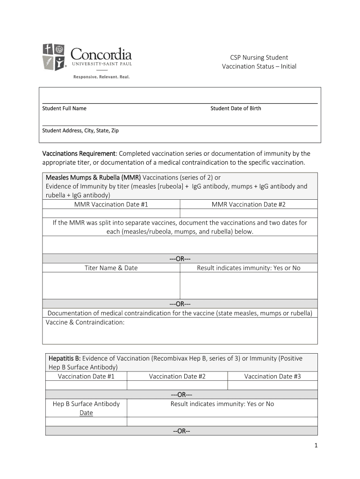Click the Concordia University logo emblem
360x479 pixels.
(x=54, y=57)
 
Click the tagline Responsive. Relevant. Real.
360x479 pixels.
(x=101, y=77)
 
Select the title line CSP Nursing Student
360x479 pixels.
(x=259, y=58)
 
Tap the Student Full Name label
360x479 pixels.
(x=64, y=109)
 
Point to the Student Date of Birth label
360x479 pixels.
(x=236, y=109)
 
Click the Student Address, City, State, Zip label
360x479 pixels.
(x=80, y=131)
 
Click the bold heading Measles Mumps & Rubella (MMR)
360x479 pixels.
(x=93, y=177)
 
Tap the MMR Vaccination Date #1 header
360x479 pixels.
(x=111, y=204)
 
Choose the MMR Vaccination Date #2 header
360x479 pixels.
(x=248, y=204)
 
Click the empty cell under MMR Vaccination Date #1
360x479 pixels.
(x=111, y=213)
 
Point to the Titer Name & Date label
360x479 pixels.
(x=111, y=268)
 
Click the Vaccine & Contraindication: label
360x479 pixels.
(x=85, y=323)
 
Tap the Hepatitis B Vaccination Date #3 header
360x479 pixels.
(x=272, y=376)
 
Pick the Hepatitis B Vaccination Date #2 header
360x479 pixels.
(x=177, y=376)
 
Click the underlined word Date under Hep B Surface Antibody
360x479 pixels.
(x=86, y=413)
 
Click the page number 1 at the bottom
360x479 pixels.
(x=316, y=446)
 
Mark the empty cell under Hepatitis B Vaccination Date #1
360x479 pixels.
(x=86, y=385)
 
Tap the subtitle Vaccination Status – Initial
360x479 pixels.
(x=259, y=66)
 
